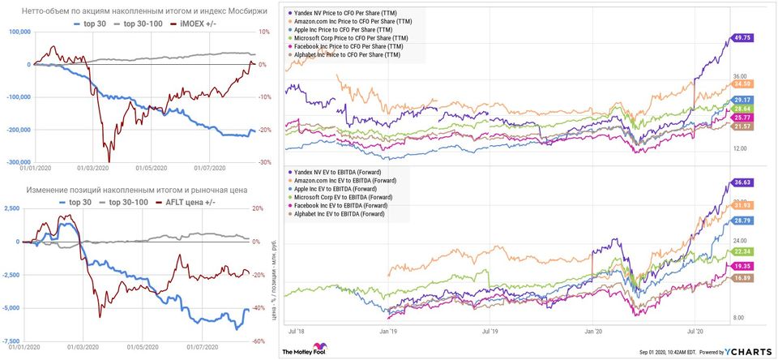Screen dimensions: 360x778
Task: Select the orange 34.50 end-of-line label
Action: click(742, 84)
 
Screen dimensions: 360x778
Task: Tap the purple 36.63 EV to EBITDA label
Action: click(742, 182)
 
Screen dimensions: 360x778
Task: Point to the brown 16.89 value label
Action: click(742, 277)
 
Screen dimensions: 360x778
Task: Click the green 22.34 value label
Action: click(742, 251)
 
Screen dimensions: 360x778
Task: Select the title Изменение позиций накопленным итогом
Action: click(96, 190)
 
